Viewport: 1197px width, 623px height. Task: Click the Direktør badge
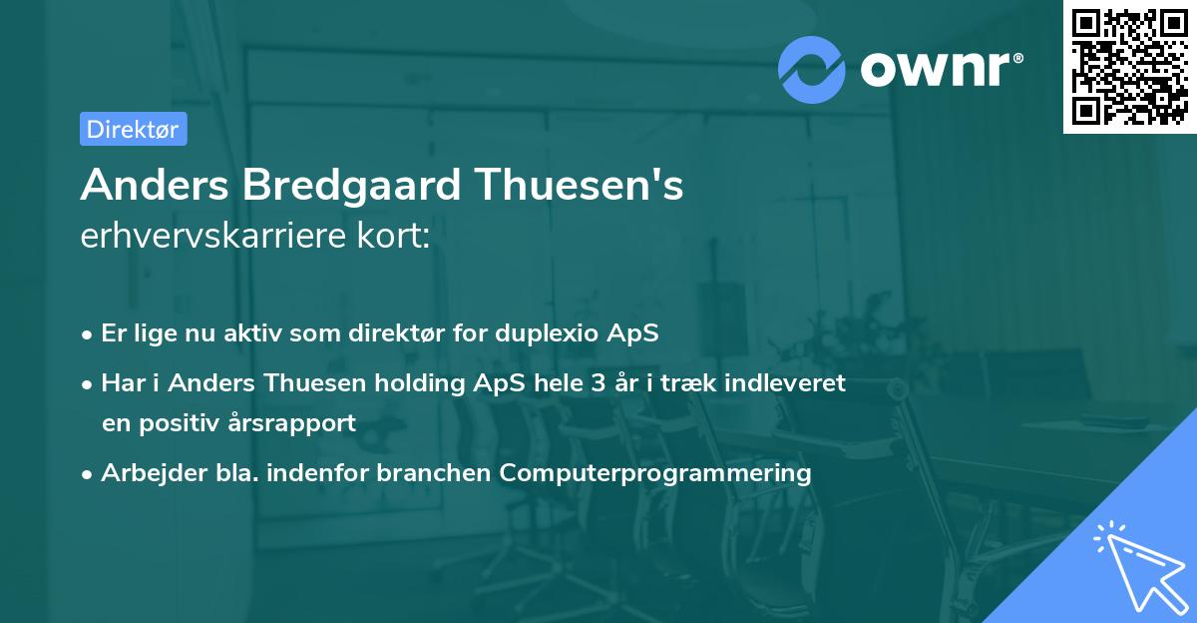click(x=133, y=129)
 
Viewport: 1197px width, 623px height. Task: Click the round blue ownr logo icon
click(x=812, y=69)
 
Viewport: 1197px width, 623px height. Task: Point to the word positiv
click(x=182, y=422)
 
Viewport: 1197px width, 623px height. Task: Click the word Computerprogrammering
click(x=655, y=472)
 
